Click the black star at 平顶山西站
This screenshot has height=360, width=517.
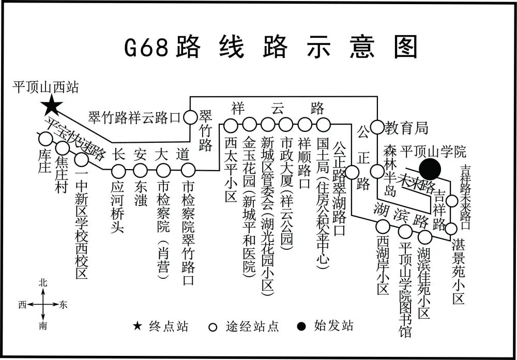click(x=51, y=106)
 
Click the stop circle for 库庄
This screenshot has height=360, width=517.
click(x=45, y=139)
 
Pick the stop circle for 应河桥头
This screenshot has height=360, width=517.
click(x=119, y=170)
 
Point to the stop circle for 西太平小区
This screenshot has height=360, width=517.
click(x=230, y=125)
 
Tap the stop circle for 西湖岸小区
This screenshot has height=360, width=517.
click(x=383, y=226)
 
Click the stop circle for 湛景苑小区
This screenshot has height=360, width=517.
click(x=451, y=228)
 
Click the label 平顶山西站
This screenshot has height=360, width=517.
click(x=46, y=87)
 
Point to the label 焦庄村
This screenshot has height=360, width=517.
click(x=62, y=176)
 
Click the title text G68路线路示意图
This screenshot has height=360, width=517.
click(x=270, y=48)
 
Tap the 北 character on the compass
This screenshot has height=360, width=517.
click(x=43, y=282)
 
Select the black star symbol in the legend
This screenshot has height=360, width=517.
click(x=137, y=326)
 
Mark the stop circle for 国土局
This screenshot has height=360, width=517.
click(x=324, y=125)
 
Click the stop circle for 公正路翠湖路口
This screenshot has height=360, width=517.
click(x=353, y=171)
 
